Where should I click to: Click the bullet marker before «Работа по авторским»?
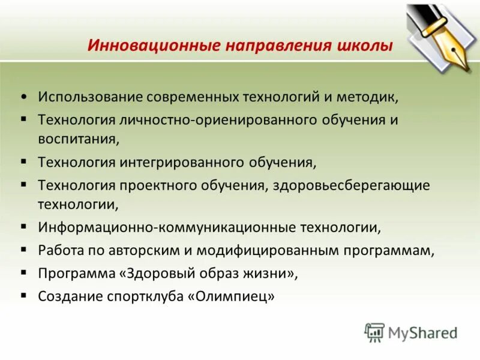23,250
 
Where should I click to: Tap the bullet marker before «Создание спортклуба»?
23,295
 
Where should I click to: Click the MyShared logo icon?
375,332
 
